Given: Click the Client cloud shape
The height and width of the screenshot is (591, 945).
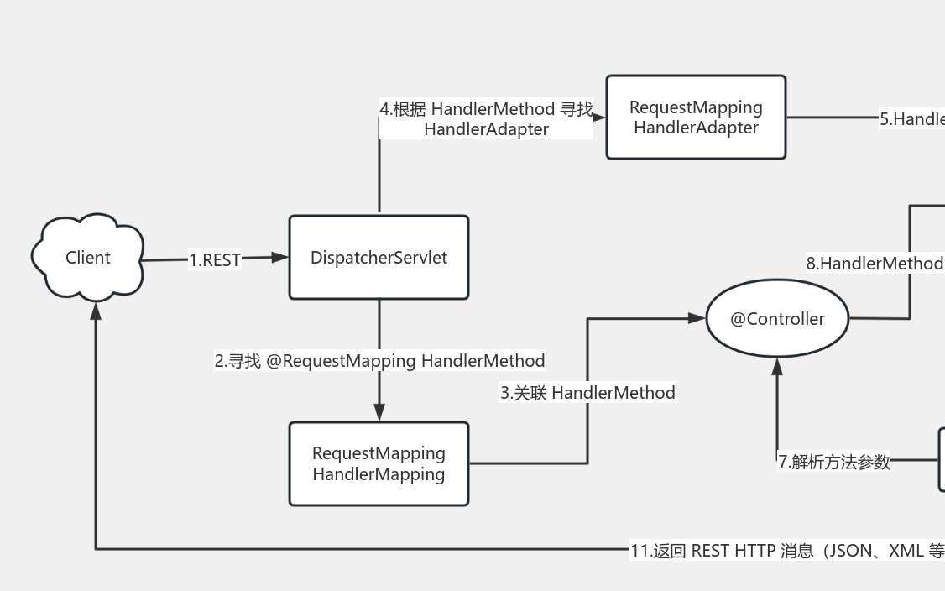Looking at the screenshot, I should (x=87, y=258).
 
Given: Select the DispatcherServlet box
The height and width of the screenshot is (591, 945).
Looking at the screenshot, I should (x=379, y=258).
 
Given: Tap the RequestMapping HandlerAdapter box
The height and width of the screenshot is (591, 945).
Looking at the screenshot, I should (x=696, y=118).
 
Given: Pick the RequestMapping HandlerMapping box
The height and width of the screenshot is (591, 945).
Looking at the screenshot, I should (x=379, y=463).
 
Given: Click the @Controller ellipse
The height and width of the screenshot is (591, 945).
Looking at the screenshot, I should (x=777, y=319).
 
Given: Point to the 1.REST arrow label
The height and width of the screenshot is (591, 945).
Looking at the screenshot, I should (x=215, y=260).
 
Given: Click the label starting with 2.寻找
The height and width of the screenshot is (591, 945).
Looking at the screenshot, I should (x=379, y=361).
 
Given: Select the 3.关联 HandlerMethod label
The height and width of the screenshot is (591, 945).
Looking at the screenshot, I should (x=587, y=392).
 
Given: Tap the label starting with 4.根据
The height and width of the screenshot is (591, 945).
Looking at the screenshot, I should (x=486, y=118).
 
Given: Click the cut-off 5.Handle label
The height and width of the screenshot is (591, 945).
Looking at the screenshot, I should (x=911, y=119).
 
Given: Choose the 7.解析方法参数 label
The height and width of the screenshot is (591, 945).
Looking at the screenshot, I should (x=833, y=461).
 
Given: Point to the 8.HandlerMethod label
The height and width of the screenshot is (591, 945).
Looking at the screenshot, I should (x=875, y=263).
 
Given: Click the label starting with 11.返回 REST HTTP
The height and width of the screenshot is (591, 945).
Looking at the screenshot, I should (x=787, y=551).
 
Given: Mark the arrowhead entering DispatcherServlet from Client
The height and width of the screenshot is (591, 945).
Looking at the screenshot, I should (x=279, y=257).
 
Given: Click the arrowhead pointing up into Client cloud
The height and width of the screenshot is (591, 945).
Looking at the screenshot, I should (x=96, y=311).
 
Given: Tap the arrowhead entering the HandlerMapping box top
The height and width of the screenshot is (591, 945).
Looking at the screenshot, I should (x=379, y=411).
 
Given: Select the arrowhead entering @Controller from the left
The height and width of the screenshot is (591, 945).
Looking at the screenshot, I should (x=696, y=318).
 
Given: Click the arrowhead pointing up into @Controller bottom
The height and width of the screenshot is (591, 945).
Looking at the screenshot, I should (x=777, y=367).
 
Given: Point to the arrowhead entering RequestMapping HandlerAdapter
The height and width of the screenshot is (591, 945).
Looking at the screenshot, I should (x=599, y=118).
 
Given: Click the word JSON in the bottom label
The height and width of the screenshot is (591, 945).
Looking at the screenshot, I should (x=854, y=551).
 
